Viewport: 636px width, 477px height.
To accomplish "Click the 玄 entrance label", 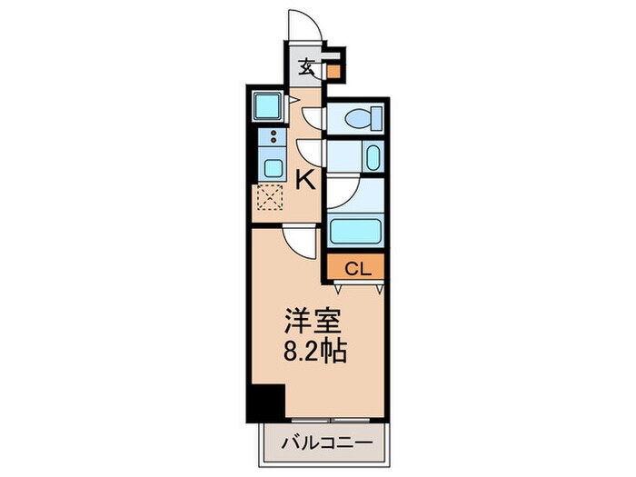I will pyautogui.click(x=308, y=66).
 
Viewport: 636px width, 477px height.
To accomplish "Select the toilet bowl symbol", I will pyautogui.click(x=369, y=118).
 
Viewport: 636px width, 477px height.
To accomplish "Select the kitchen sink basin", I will pyautogui.click(x=271, y=167).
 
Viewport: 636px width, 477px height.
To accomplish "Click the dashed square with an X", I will pyautogui.click(x=270, y=197).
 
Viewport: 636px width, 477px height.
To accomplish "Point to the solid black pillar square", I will pyautogui.click(x=266, y=400).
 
